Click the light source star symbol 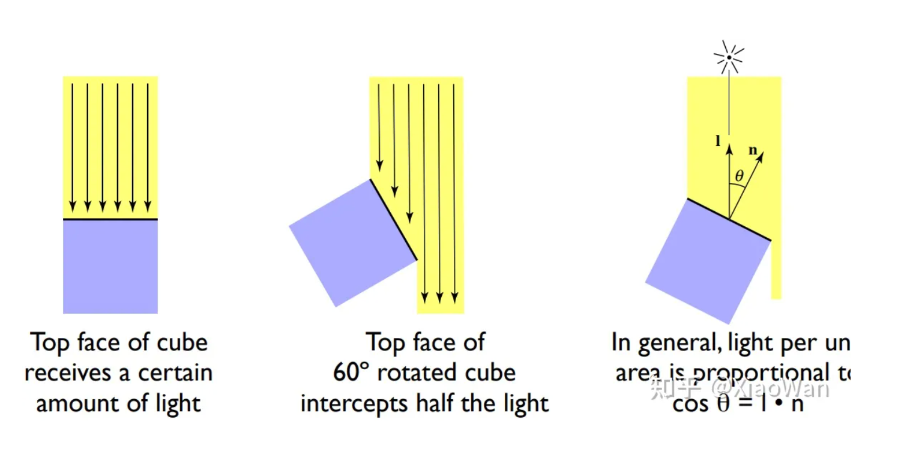point(729,57)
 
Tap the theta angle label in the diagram point(739,176)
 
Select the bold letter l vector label point(719,142)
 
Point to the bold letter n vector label point(753,150)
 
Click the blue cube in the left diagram point(110,267)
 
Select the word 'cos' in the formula point(690,404)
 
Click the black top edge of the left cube point(110,219)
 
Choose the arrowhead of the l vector point(729,144)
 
